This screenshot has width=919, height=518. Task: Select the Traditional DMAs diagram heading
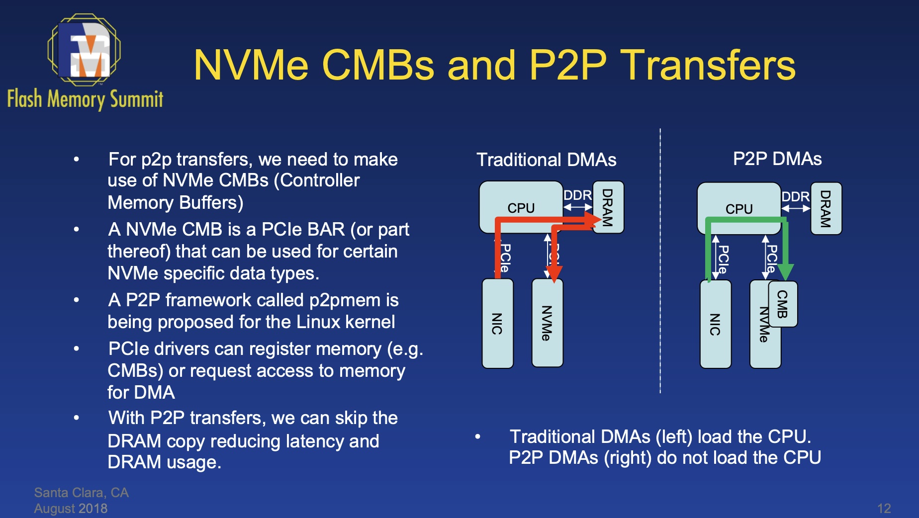[546, 160]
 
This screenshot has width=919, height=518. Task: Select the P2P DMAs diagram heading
[777, 159]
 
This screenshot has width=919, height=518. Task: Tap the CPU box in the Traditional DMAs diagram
[521, 207]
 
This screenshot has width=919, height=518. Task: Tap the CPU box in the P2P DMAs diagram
[739, 208]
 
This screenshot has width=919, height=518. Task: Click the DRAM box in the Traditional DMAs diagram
[608, 207]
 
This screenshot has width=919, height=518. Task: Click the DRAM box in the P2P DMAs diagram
[826, 208]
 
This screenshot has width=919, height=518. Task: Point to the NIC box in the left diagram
[497, 323]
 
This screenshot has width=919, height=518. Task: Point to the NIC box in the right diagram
[715, 324]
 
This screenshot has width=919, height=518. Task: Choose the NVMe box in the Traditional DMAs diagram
[547, 323]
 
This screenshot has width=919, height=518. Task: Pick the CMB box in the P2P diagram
[783, 304]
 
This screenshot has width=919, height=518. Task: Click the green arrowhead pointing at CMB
[785, 271]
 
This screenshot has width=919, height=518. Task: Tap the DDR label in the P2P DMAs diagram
[795, 197]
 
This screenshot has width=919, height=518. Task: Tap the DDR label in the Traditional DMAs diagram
[577, 195]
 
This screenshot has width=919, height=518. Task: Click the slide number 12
[884, 508]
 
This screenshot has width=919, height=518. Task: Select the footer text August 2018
[71, 509]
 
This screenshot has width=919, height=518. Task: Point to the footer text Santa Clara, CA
[81, 493]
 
